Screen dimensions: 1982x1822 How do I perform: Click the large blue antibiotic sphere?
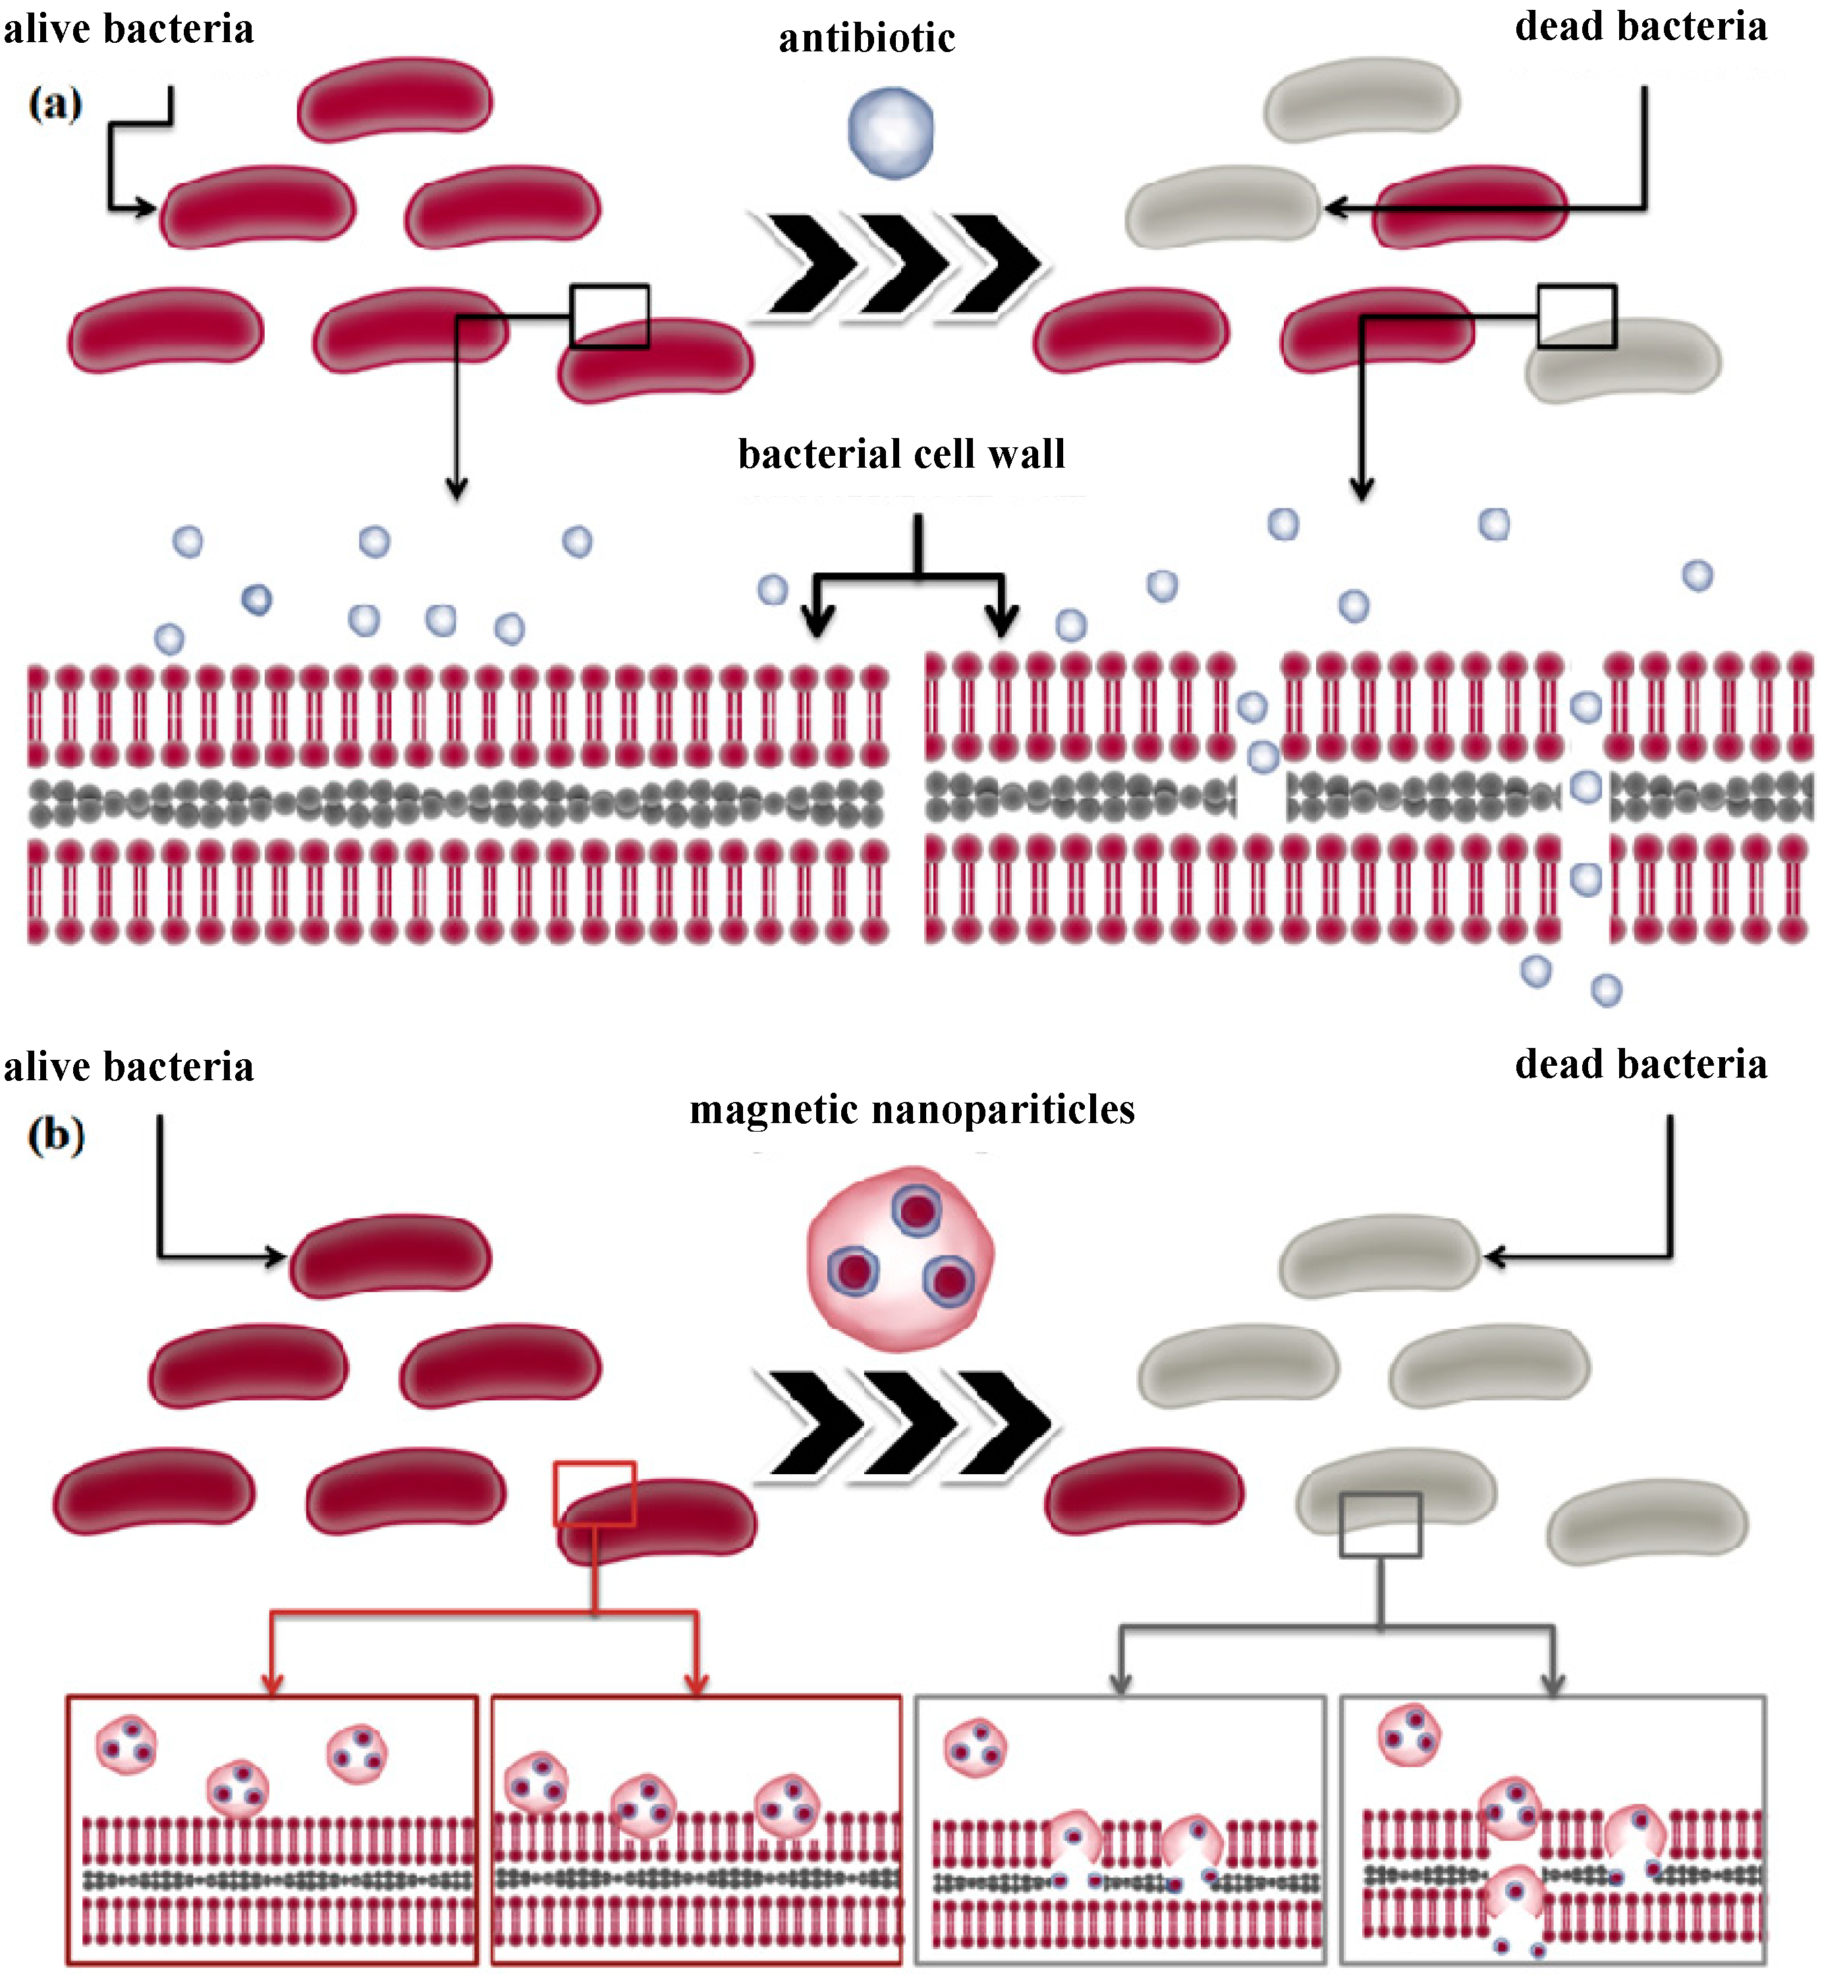[x=891, y=133]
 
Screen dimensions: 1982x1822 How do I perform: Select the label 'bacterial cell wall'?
[x=901, y=454]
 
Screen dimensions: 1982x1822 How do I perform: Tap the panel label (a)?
[x=55, y=103]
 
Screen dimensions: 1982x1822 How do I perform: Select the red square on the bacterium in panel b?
[x=595, y=1493]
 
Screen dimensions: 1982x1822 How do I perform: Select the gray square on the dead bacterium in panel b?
[x=1379, y=1524]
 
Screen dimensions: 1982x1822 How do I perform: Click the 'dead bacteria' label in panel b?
[x=1641, y=1064]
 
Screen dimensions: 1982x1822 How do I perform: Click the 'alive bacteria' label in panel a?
[x=128, y=28]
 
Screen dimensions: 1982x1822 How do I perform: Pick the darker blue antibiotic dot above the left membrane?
[x=256, y=599]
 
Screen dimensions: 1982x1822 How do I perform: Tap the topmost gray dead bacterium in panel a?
[x=1361, y=99]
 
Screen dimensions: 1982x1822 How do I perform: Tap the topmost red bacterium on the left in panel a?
[x=395, y=99]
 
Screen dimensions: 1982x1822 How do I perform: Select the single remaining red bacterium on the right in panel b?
[x=1144, y=1491]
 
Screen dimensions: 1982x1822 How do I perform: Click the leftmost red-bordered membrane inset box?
[x=272, y=1829]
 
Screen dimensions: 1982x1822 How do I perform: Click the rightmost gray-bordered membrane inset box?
[x=1553, y=1829]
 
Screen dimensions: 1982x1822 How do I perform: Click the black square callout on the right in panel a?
[x=1576, y=317]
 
